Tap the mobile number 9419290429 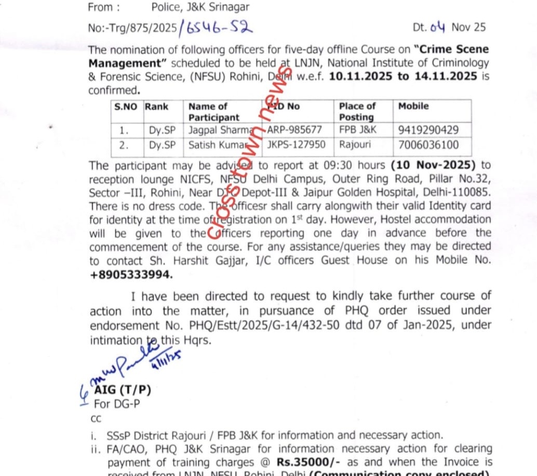tap(428, 129)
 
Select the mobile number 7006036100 tap(428, 145)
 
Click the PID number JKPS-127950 tap(296, 145)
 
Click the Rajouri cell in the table tap(355, 145)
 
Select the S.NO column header tap(126, 107)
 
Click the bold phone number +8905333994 tap(131, 274)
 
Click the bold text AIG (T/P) tap(123, 390)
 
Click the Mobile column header tap(413, 107)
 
